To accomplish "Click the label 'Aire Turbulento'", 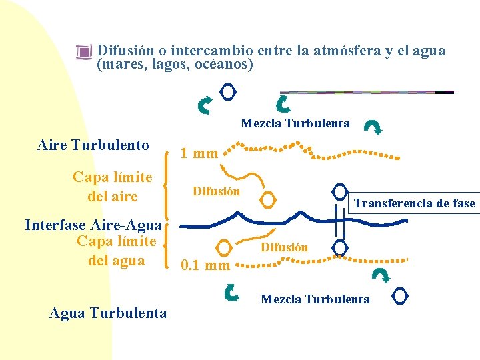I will tap(93, 145).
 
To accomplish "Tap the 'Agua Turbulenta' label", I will tap(108, 313).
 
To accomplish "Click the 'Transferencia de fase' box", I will tap(414, 203).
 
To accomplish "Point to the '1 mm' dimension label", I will tap(200, 153).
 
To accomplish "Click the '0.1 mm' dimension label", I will tap(205, 265).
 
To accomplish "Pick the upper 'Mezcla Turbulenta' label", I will tap(295, 123).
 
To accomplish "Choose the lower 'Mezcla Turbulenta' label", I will tap(315, 299).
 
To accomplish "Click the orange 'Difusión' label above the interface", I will tap(216, 192).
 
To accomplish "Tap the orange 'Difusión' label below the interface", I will tap(284, 247).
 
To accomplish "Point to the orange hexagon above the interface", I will tap(267, 199).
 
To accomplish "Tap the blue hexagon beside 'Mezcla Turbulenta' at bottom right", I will tap(400, 295).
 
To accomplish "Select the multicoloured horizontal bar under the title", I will tap(366, 92).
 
